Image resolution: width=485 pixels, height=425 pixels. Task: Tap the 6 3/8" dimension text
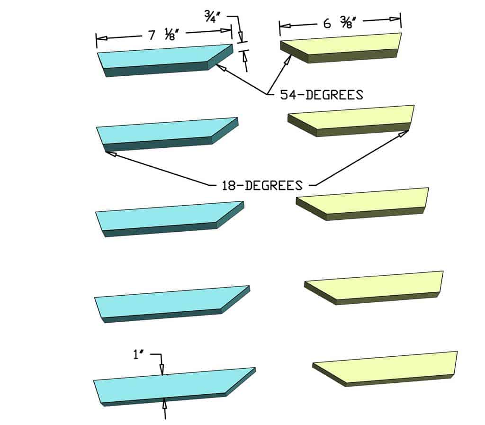(340, 23)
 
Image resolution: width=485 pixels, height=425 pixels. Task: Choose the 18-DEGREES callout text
(262, 185)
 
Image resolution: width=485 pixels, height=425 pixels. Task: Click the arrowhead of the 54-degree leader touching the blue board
(220, 67)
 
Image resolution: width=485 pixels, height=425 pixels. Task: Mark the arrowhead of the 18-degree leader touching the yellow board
(404, 134)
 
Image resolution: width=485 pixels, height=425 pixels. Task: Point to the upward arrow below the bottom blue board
(165, 403)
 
